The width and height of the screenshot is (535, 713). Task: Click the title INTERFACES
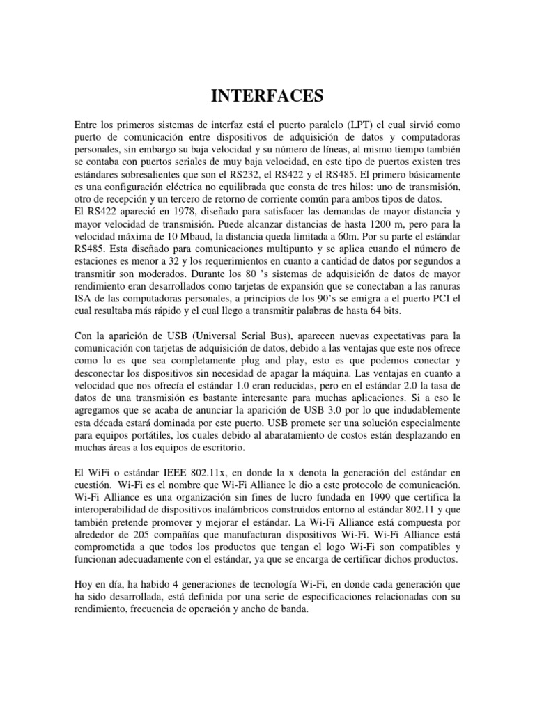click(267, 95)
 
